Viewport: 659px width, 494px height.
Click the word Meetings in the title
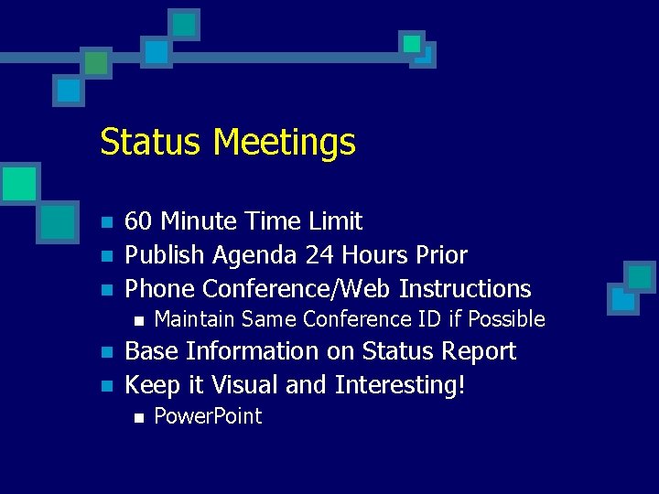(x=284, y=143)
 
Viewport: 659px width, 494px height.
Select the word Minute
(x=201, y=221)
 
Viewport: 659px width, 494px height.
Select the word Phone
(x=160, y=289)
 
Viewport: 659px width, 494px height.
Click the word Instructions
(x=465, y=289)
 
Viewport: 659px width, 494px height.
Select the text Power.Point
(x=208, y=416)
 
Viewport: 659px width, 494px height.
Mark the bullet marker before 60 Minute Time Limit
(x=106, y=223)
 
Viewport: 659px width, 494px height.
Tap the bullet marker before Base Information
(x=106, y=353)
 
